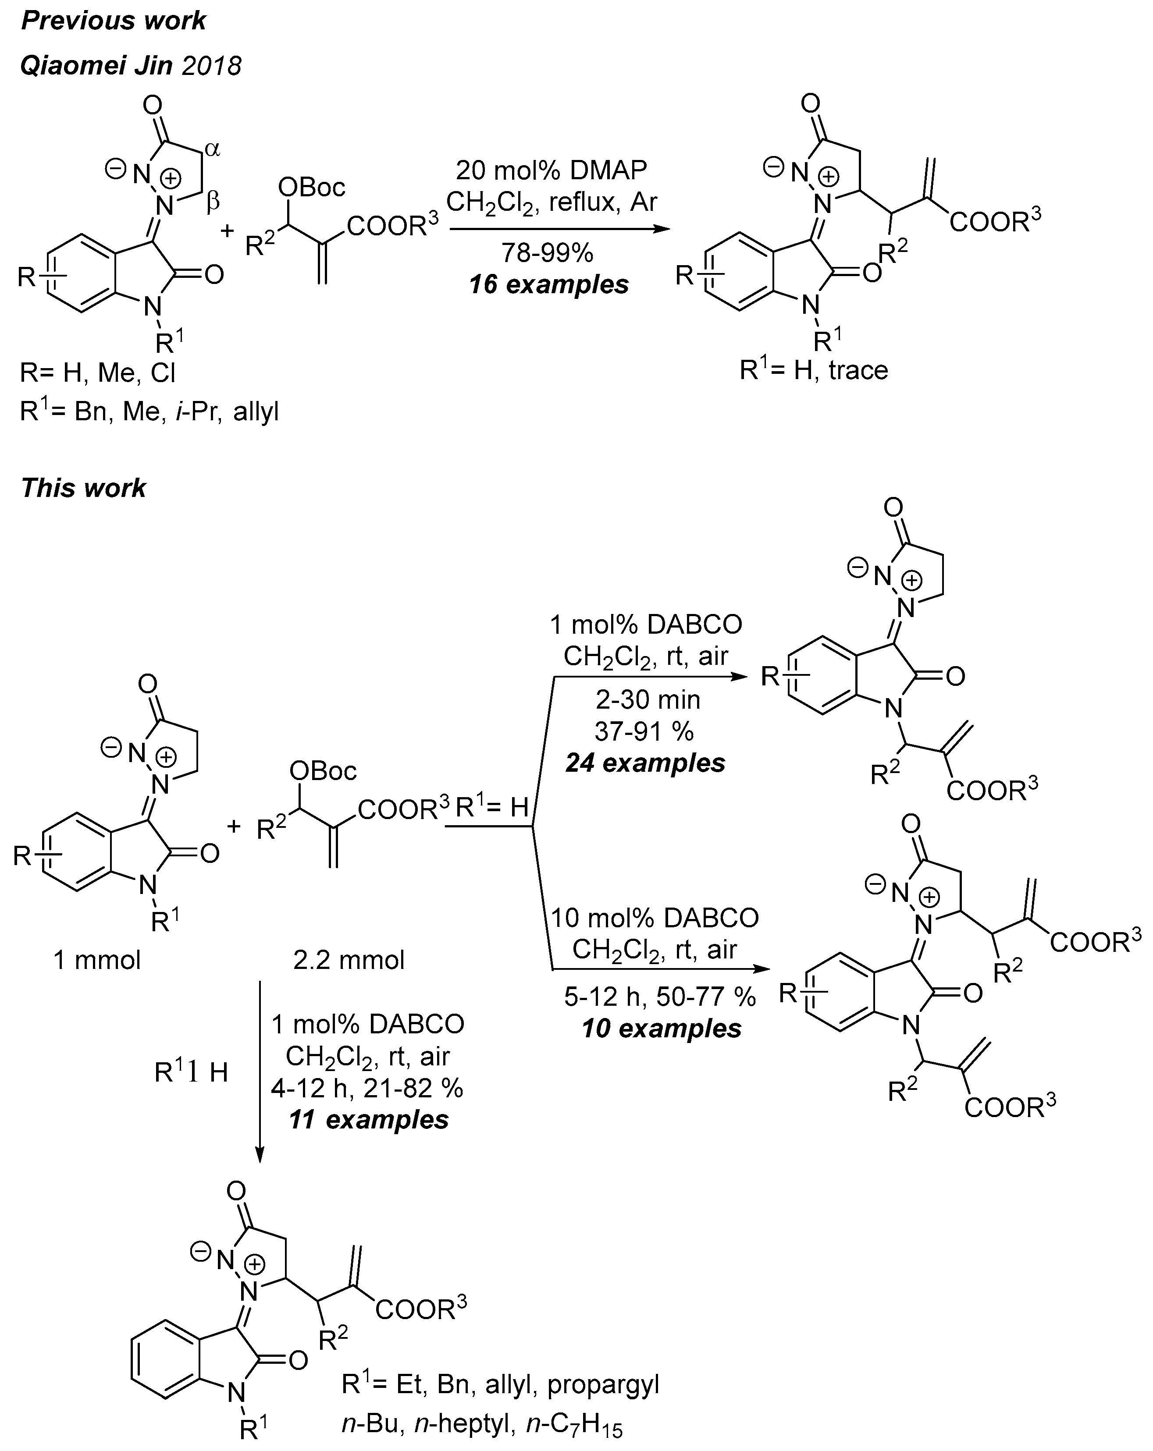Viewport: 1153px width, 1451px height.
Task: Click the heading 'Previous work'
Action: coord(113,21)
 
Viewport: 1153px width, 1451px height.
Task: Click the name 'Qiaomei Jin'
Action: coord(96,66)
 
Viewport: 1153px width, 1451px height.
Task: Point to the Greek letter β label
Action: coord(213,201)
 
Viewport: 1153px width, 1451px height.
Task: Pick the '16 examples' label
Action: coord(548,284)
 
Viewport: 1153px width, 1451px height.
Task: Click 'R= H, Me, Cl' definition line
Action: coord(98,372)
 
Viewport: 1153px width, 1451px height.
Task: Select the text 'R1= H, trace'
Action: coord(813,370)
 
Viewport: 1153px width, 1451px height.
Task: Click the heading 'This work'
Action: coord(83,488)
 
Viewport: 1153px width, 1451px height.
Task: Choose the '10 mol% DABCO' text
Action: coord(654,918)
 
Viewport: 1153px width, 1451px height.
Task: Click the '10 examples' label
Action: coord(661,1029)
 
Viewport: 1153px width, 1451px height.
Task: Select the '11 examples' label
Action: coord(368,1119)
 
